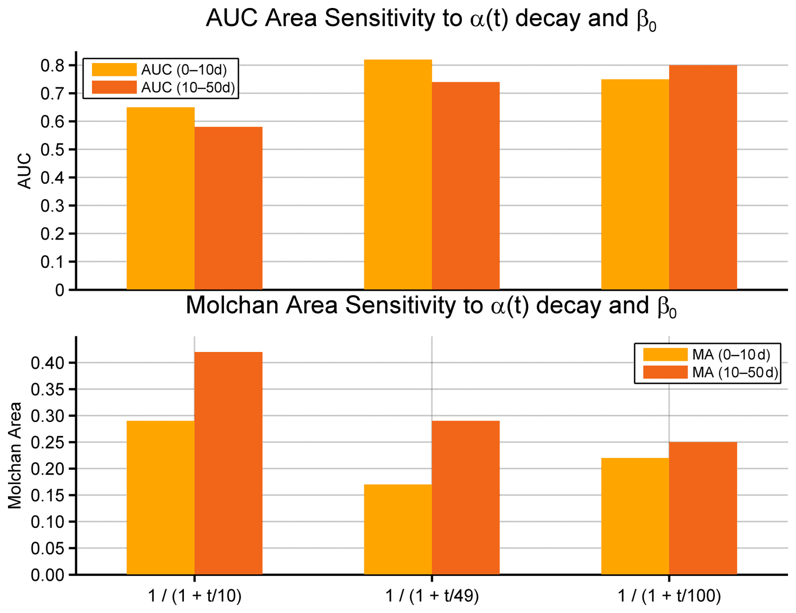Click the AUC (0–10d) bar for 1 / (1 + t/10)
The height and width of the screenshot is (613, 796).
[x=160, y=198]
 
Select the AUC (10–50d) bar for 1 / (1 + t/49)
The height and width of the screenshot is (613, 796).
[x=466, y=185]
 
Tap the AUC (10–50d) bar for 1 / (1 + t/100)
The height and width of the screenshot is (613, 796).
[x=703, y=177]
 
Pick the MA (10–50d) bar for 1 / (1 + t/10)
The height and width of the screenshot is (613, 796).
[x=228, y=463]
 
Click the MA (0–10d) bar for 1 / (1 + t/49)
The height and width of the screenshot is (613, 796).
[x=398, y=529]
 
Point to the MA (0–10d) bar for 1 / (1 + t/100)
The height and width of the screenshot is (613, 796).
[x=635, y=516]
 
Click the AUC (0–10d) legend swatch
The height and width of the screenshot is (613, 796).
[x=114, y=69]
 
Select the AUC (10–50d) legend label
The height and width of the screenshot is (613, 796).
[x=188, y=87]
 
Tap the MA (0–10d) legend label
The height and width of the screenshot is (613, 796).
[x=731, y=355]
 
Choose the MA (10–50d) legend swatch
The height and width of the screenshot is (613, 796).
[x=665, y=373]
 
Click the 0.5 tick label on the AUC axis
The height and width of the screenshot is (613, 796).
[x=52, y=150]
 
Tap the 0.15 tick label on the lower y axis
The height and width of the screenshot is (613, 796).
[x=47, y=495]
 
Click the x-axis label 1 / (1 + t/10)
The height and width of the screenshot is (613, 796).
[x=195, y=596]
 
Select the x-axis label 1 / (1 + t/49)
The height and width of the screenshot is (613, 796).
[x=432, y=596]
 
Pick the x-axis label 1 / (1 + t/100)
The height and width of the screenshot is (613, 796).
[x=669, y=596]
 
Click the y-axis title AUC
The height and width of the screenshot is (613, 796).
[x=25, y=171]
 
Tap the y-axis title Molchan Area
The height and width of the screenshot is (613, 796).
[x=15, y=455]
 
